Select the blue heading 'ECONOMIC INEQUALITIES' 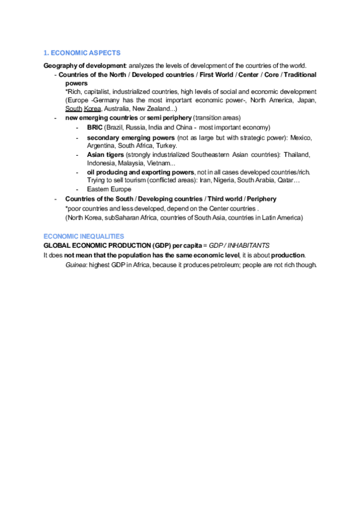coord(84,236)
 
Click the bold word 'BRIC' coord(94,127)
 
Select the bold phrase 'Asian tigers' coord(105,155)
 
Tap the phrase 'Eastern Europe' coord(109,189)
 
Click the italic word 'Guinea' coord(75,265)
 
